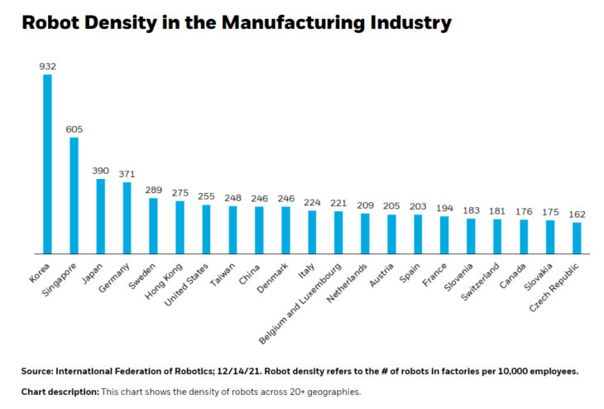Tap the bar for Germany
point(127,218)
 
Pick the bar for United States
point(206,229)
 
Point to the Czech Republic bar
point(576,238)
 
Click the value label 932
point(47,65)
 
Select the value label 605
point(74,128)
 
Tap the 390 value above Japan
point(100,170)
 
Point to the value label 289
point(153,190)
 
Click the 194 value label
point(444,208)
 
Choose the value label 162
point(577,214)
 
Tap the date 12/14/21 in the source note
point(223,371)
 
